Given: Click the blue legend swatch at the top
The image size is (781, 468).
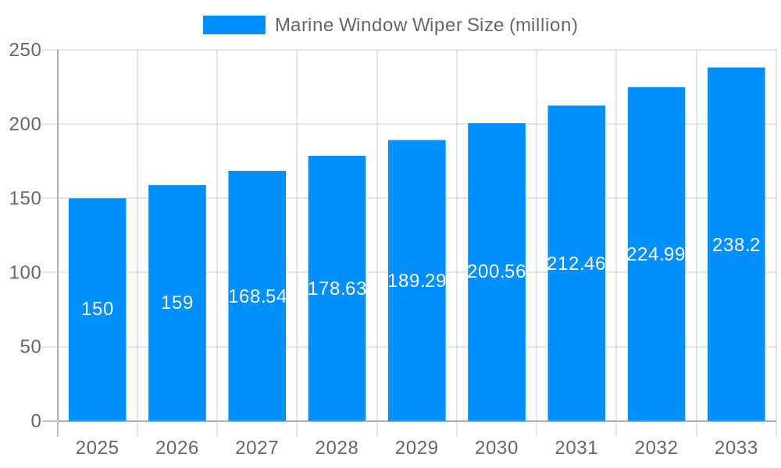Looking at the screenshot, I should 234,25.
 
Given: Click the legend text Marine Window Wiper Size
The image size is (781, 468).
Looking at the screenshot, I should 426,25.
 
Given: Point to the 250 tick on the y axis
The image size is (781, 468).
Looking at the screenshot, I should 25,50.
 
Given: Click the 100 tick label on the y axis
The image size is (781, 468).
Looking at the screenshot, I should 25,273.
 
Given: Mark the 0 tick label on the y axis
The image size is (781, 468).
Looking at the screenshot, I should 36,421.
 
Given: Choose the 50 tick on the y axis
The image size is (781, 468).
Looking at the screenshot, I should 30,347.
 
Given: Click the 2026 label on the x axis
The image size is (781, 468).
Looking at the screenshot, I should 177,448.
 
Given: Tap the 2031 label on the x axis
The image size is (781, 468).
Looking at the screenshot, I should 576,448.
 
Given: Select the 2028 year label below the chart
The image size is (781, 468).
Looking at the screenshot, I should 337,448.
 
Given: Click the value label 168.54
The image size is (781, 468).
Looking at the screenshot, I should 257,296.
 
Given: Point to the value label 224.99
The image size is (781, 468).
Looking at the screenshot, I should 656,254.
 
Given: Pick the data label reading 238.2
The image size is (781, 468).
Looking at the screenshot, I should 736,245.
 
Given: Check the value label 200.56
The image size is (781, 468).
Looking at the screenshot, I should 497,271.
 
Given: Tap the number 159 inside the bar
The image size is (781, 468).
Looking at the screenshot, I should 177,303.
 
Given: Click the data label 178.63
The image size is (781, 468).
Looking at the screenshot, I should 337,289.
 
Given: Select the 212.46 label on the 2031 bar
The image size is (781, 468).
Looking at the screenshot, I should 576,264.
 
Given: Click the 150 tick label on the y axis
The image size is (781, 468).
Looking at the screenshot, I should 25,199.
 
